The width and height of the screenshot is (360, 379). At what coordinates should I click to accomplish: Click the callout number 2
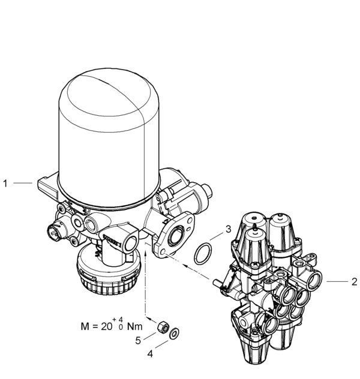tap(354, 281)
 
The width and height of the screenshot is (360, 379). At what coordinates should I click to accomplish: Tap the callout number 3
tap(228, 228)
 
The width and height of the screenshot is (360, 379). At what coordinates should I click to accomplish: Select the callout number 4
tap(150, 354)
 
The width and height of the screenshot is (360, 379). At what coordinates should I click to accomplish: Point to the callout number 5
tap(137, 340)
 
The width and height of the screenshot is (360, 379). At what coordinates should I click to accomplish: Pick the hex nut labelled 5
tap(160, 328)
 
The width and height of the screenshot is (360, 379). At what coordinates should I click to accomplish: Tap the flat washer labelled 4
tap(173, 333)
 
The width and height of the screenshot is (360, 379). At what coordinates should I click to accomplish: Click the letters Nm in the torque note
tap(135, 327)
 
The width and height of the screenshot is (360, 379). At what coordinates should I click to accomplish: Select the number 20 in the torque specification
tap(109, 327)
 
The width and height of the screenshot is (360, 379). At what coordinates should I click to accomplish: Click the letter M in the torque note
tap(85, 327)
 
